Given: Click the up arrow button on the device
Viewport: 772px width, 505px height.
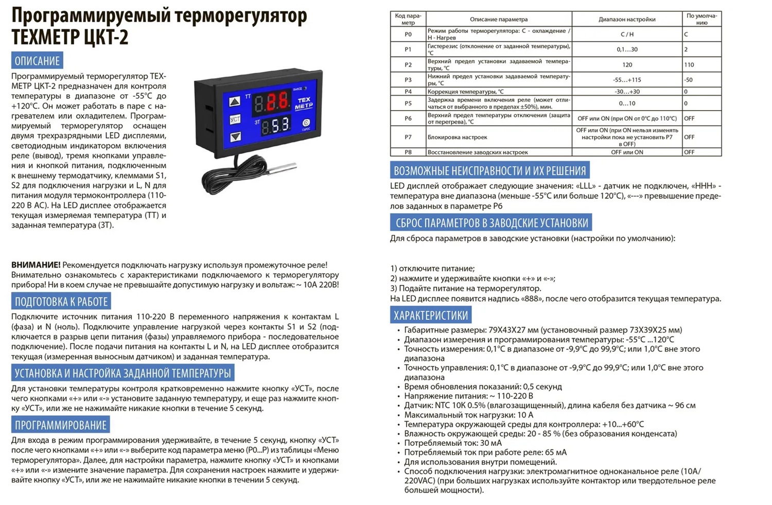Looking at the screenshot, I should click(x=235, y=101).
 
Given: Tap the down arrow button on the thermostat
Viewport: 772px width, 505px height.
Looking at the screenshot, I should click(x=235, y=136).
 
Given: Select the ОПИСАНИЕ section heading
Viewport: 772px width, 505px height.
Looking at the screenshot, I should click(x=37, y=61).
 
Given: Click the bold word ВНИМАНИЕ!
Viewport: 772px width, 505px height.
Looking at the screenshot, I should click(x=36, y=265).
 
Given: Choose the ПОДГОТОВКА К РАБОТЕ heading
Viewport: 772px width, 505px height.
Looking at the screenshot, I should click(x=61, y=302).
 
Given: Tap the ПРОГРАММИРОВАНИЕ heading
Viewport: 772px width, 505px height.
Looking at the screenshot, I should click(x=60, y=425).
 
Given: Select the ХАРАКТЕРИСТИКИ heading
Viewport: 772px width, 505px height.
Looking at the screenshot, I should click(x=430, y=316).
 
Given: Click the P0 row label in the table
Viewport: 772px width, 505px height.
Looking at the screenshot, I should click(x=408, y=34).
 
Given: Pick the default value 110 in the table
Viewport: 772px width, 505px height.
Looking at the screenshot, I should click(x=689, y=65).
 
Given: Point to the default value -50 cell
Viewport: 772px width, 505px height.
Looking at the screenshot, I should click(x=689, y=80).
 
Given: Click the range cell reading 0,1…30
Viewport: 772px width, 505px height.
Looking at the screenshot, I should click(x=627, y=49).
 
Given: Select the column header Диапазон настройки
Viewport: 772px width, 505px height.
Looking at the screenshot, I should click(x=627, y=19).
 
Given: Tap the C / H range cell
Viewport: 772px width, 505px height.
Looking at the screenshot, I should click(x=627, y=34).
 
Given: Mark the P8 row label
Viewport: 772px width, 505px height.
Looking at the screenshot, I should click(x=408, y=152).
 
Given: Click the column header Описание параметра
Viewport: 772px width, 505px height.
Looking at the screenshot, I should click(x=498, y=19).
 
